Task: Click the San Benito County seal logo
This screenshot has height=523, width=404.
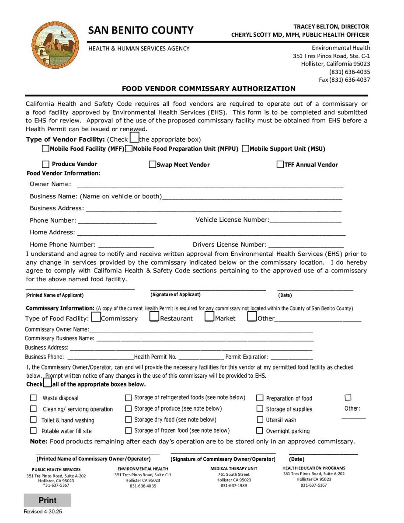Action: coord(56,45)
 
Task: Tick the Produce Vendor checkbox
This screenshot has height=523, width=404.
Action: coord(45,164)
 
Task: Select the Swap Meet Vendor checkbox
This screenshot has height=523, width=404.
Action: coord(153,165)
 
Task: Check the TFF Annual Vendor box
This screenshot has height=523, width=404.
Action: coord(281,165)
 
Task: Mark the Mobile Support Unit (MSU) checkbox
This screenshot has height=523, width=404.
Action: coord(245,149)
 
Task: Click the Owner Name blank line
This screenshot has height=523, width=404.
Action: coord(210,185)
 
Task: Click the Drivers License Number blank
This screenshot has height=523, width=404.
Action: coord(306,245)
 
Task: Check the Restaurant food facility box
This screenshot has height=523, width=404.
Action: coord(154,316)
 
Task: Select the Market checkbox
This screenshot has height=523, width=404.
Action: coord(209,316)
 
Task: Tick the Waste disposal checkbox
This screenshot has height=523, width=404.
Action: coord(33,398)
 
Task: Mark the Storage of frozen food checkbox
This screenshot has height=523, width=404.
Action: coord(128,431)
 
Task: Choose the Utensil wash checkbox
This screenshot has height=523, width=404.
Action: coord(260,420)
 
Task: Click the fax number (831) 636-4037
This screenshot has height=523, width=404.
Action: coord(345,80)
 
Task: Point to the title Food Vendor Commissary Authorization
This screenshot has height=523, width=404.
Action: coord(209,89)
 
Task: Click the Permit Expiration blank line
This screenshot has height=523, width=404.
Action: coord(291,357)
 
